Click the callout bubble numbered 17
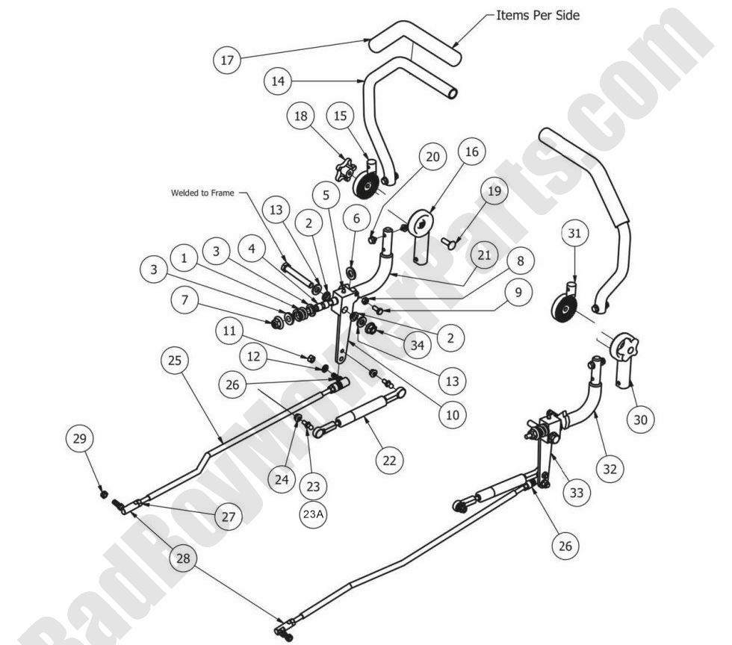pyautogui.click(x=228, y=60)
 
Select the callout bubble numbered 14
pyautogui.click(x=278, y=81)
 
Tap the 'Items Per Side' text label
pyautogui.click(x=538, y=15)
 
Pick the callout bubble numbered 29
pyautogui.click(x=80, y=440)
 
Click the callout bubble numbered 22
pyautogui.click(x=389, y=460)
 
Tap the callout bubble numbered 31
pyautogui.click(x=574, y=234)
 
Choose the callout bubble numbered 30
pyautogui.click(x=640, y=420)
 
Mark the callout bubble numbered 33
pyautogui.click(x=576, y=493)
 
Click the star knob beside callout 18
pyautogui.click(x=346, y=168)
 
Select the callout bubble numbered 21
pyautogui.click(x=483, y=255)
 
